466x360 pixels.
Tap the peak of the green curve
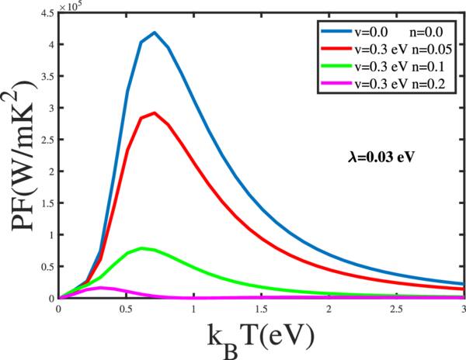[141, 248]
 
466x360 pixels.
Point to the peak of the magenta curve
[99, 287]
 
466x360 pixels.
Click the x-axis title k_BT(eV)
[262, 339]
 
